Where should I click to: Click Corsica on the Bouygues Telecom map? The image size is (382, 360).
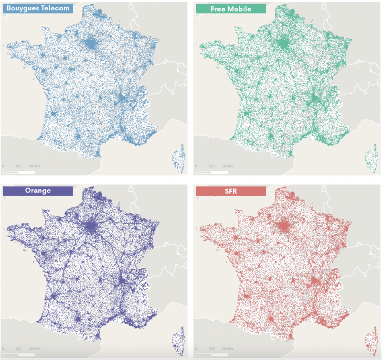(179, 158)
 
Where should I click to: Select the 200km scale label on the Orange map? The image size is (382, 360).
(35, 349)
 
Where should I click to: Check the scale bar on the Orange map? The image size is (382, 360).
(19, 354)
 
